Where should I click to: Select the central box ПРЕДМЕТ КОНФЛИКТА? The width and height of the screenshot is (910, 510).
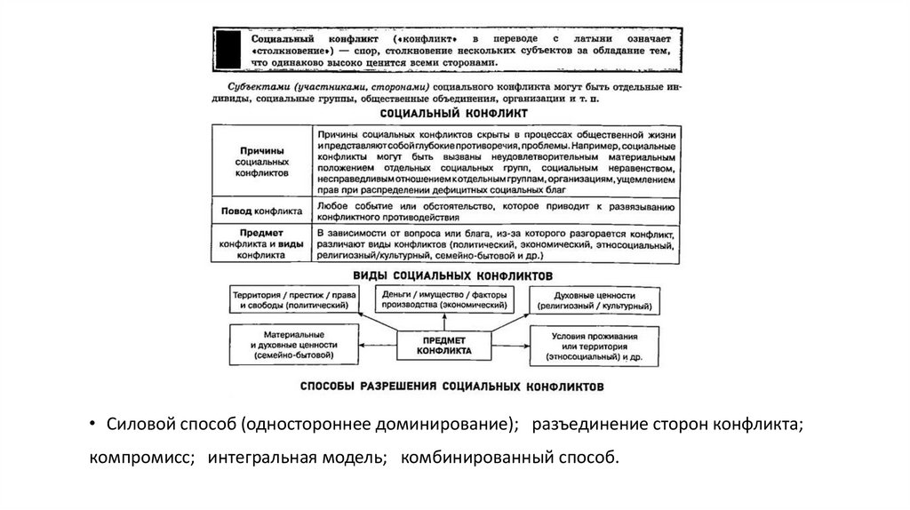(444, 346)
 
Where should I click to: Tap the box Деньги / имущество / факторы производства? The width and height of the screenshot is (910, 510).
(442, 299)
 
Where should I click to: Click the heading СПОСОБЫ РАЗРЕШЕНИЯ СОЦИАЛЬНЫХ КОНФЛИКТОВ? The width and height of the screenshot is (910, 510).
(448, 387)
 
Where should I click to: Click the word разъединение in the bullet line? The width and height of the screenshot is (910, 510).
(583, 425)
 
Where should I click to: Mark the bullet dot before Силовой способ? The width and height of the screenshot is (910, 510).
(93, 425)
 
